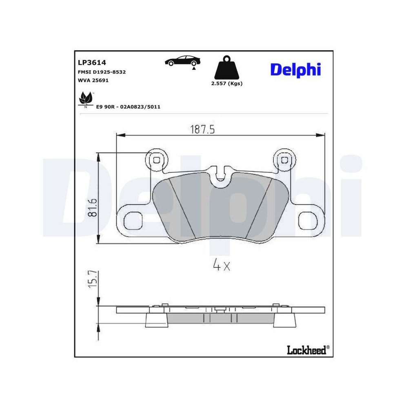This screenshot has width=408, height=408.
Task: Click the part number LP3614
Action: [92, 62]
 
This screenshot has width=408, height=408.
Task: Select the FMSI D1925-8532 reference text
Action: [102, 72]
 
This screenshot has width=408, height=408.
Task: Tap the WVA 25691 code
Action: [93, 80]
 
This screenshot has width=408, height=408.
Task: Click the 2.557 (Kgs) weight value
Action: [227, 84]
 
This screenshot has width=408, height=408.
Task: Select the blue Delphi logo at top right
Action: [295, 69]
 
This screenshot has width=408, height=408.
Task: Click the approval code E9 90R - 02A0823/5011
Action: [128, 107]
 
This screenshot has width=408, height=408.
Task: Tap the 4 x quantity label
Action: [222, 266]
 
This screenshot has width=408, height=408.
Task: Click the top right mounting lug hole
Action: [283, 160]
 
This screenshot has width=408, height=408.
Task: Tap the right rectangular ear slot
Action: [308, 221]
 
